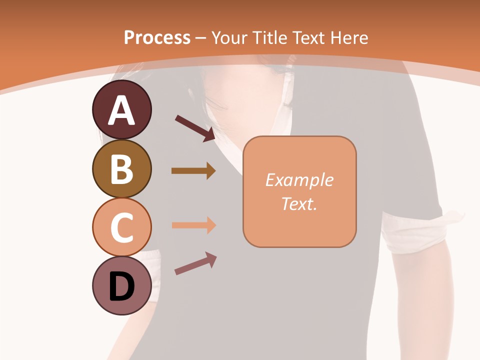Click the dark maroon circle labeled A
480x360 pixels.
click(121, 109)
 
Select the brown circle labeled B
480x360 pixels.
click(121, 168)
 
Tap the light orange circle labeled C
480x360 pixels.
click(121, 227)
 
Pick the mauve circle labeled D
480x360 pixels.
click(121, 285)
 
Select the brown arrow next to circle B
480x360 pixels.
click(193, 171)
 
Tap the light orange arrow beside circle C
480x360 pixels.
click(193, 225)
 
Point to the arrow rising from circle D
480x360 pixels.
click(195, 263)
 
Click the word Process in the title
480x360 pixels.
click(157, 38)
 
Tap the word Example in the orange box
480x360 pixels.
click(299, 180)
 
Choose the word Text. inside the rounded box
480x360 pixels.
click(299, 203)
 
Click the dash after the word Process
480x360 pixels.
click(200, 38)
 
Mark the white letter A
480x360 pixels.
click(121, 110)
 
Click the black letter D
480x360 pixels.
click(121, 286)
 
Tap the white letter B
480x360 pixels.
click(121, 169)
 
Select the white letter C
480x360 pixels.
click(121, 227)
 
